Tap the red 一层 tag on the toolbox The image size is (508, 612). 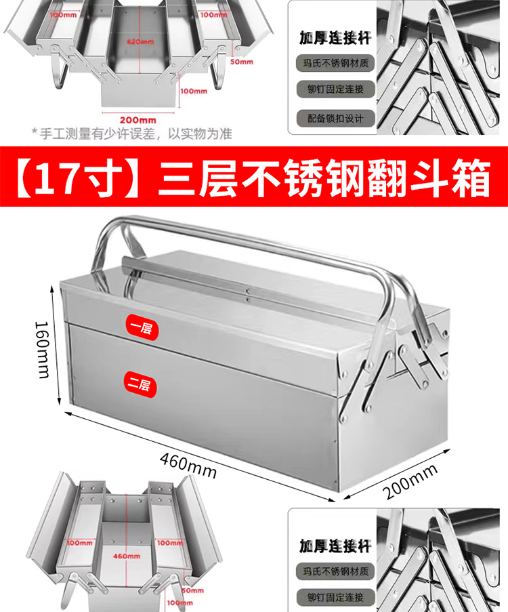tap(141, 327)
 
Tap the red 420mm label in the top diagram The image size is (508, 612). tap(138, 41)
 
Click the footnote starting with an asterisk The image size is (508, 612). tap(132, 134)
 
